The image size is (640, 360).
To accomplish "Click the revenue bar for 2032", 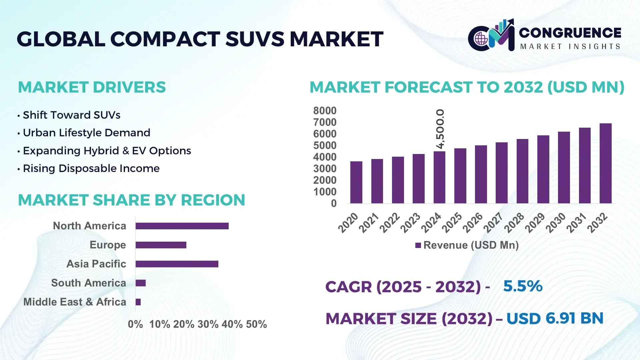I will (605, 163).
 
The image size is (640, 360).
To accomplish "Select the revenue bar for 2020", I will (356, 182).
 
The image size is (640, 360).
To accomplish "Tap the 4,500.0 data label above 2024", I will (440, 129).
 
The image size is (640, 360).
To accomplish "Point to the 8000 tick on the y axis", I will (325, 111).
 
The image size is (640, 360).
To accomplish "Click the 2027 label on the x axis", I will (493, 223).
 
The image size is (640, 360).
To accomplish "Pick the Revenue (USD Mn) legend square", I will (418, 246).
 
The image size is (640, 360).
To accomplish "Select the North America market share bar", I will (182, 226).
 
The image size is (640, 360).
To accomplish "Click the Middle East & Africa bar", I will (138, 302).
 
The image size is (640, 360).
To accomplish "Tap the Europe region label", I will (108, 245).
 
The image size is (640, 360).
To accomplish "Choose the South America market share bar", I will (141, 283).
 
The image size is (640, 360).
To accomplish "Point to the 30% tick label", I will (208, 324).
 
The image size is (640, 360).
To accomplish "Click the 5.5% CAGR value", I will (523, 286).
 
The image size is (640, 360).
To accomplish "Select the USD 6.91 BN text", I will (555, 318).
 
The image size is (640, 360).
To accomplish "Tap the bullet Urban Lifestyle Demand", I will (86, 133).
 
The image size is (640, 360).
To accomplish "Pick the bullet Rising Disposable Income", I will (91, 168).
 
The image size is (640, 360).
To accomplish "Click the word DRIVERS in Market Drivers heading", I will (129, 87).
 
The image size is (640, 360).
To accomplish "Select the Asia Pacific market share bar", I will (177, 264).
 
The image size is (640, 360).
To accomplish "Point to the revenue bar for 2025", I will (460, 176).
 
